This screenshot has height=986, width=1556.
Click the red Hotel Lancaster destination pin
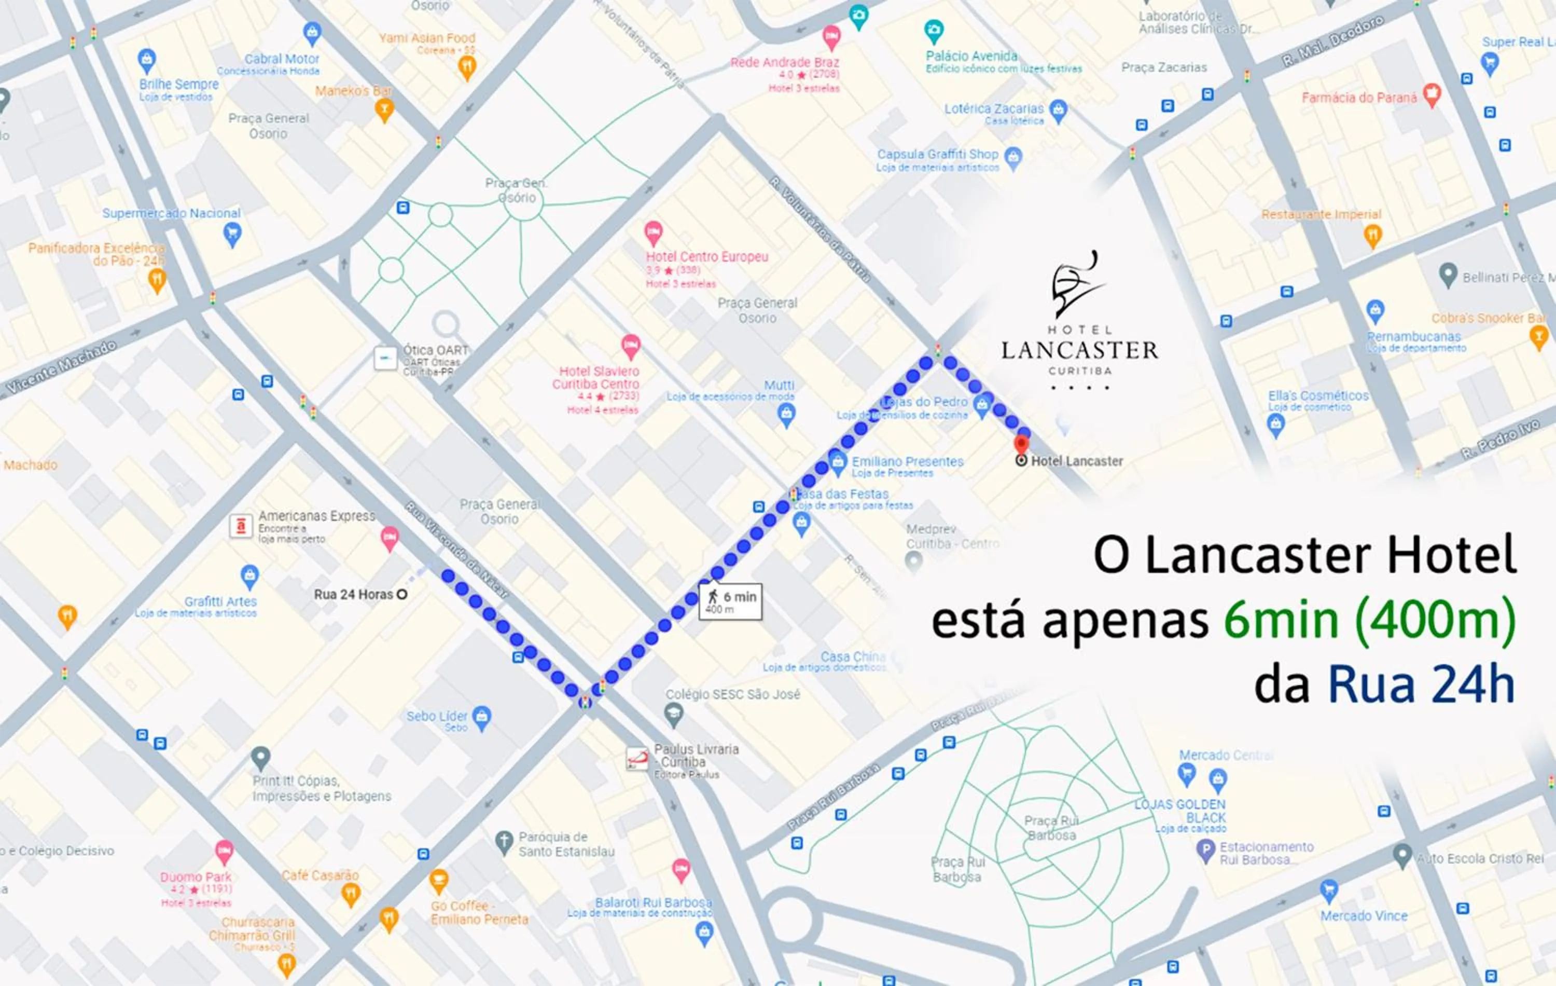point(1021,445)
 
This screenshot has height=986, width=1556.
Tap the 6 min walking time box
point(731,602)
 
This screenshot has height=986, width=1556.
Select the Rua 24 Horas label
point(353,594)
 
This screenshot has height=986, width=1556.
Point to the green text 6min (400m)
point(1369,620)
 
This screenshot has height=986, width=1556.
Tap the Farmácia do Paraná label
point(1358,98)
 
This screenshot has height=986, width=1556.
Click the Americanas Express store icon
point(241,526)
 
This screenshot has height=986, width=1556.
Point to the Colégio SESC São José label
point(732,694)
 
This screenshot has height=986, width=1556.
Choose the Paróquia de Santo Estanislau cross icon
point(504,842)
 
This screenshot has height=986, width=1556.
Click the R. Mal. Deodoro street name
point(1332,40)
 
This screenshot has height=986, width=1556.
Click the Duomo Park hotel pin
point(224,852)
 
